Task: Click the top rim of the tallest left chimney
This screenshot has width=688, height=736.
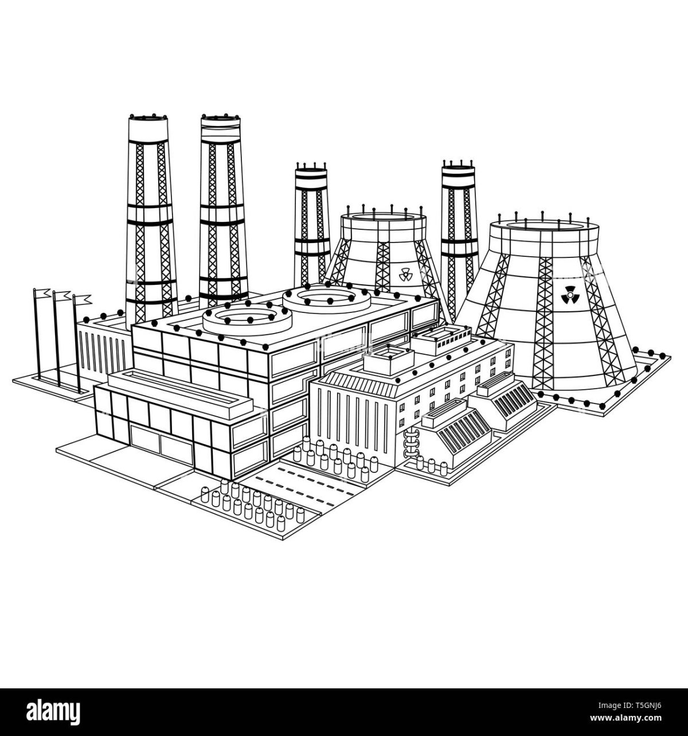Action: point(148,118)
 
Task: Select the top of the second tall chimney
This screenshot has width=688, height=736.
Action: point(220,118)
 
